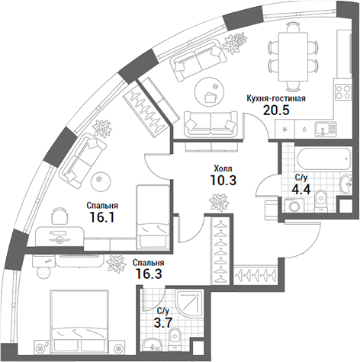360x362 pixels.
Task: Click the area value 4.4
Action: (301, 191)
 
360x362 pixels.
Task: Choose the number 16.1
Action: (100, 217)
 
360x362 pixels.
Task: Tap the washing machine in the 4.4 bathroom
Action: (292, 204)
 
